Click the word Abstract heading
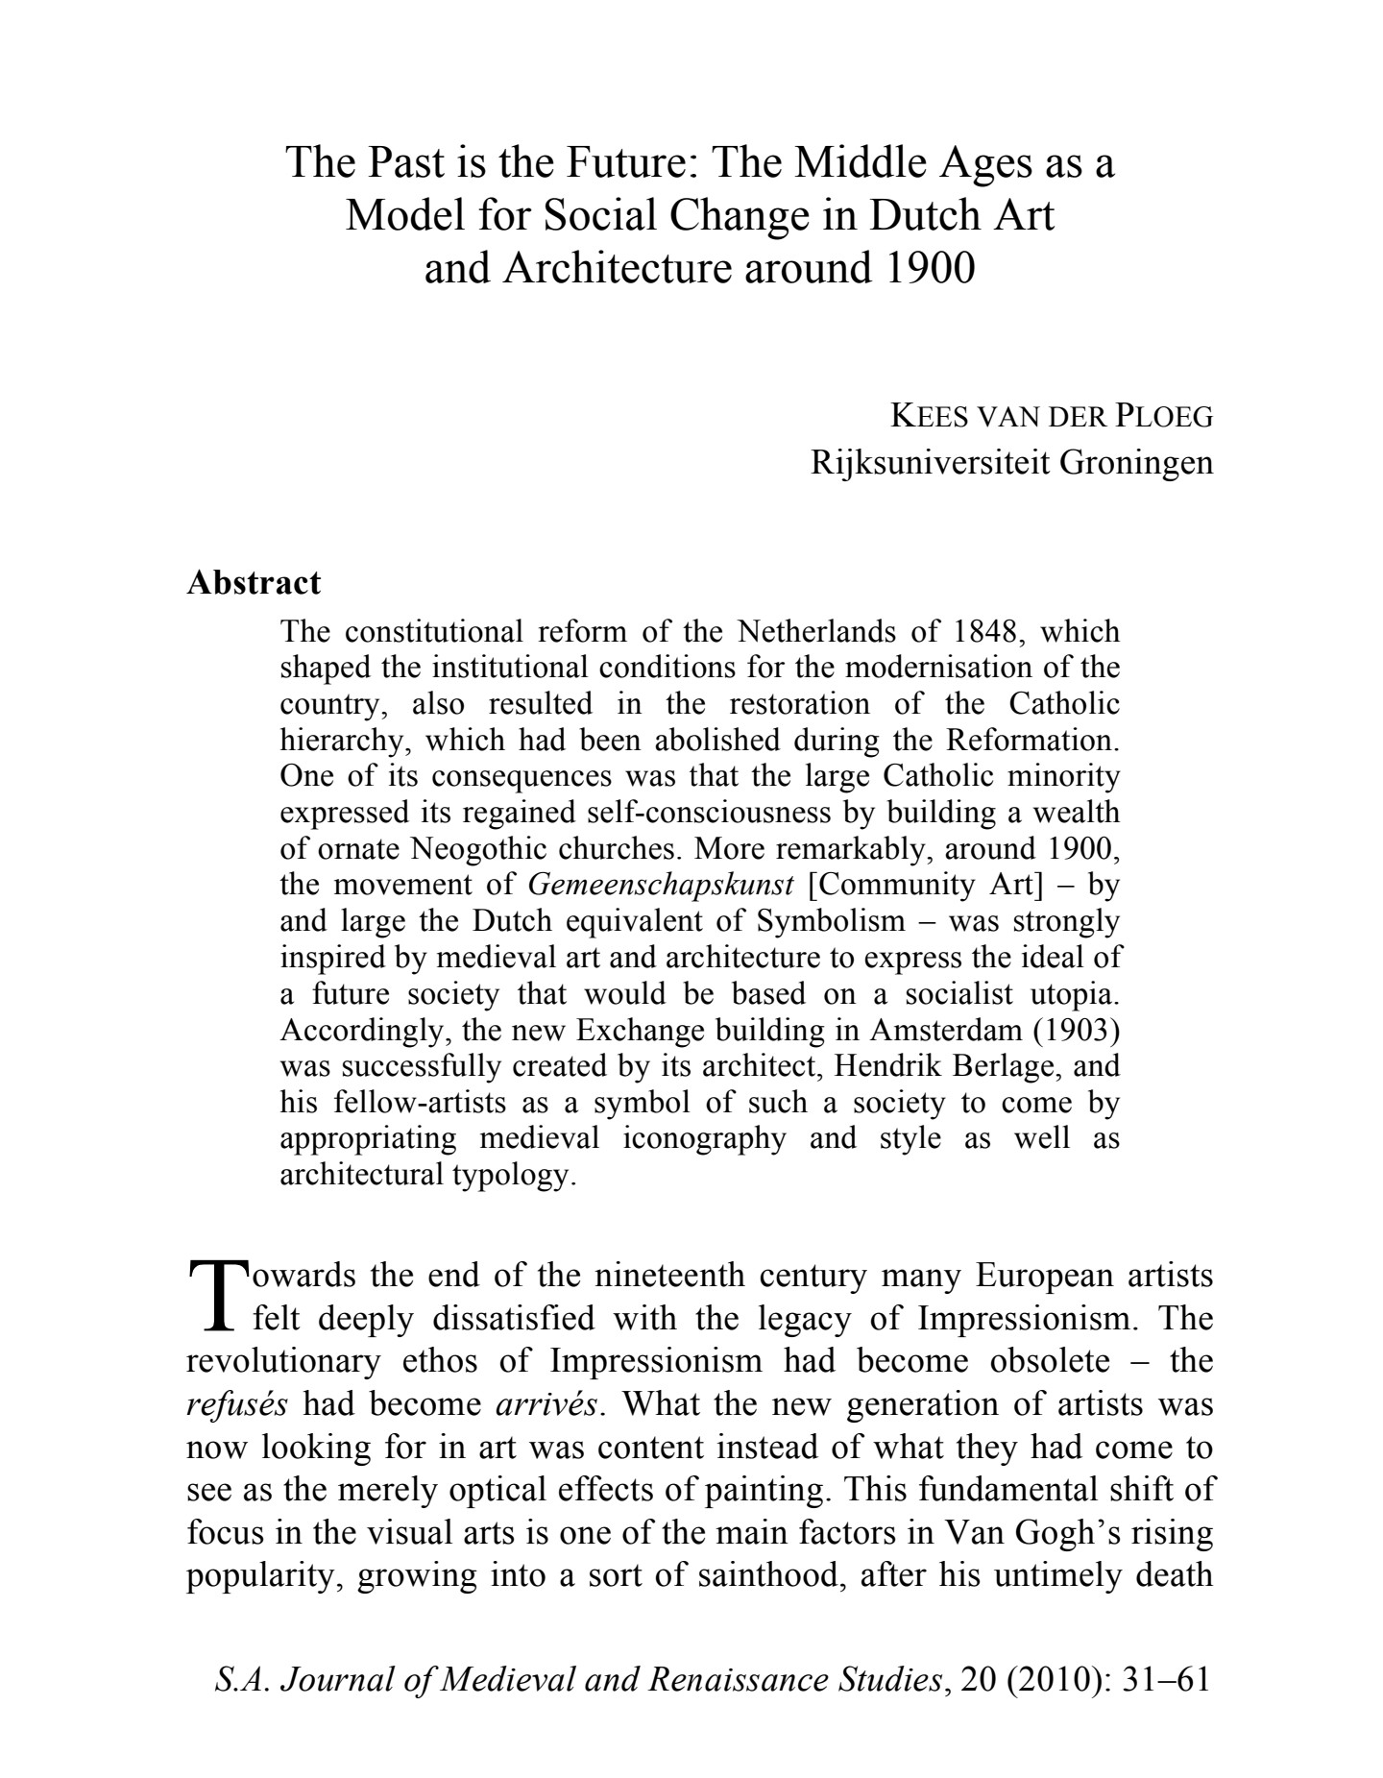click(x=254, y=582)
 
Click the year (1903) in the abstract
click(x=1076, y=1031)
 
